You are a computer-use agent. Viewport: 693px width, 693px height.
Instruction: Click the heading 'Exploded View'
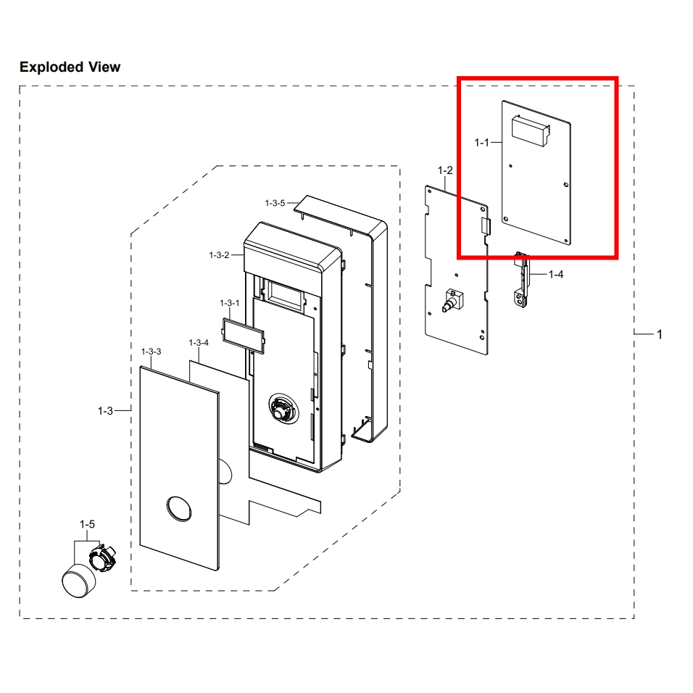(70, 67)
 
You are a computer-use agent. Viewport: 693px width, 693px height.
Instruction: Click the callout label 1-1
(482, 144)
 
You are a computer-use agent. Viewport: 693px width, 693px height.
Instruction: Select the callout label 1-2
(445, 170)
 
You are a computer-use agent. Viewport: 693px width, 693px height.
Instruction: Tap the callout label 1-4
(556, 274)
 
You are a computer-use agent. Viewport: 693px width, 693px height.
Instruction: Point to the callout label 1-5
(87, 523)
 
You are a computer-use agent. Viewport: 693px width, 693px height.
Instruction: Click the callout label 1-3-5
(275, 203)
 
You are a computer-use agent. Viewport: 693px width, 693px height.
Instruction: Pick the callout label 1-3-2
(219, 255)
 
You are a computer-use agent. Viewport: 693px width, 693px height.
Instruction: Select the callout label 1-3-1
(230, 303)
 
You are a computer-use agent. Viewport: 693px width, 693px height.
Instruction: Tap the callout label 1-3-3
(151, 352)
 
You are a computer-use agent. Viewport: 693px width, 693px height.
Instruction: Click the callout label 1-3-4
(199, 342)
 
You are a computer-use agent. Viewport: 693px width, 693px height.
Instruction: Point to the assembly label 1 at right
(659, 334)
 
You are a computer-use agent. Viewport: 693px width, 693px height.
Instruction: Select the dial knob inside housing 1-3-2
(281, 410)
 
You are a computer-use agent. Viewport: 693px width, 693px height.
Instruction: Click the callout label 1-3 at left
(105, 411)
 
